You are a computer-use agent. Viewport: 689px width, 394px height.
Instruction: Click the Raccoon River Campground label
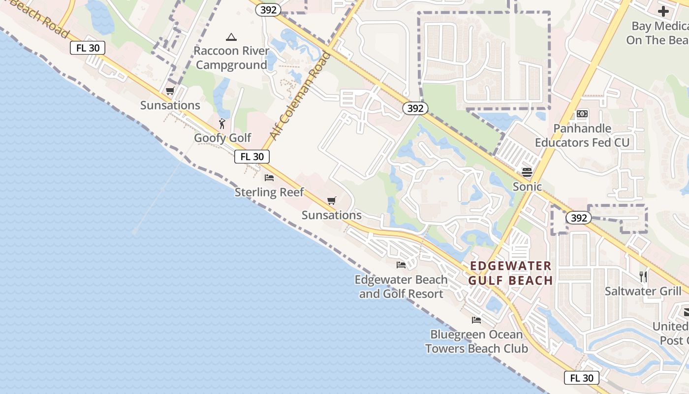click(x=231, y=58)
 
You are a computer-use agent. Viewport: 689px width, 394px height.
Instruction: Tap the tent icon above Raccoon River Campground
click(x=231, y=37)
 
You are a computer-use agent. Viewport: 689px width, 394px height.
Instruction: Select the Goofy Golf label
click(x=222, y=138)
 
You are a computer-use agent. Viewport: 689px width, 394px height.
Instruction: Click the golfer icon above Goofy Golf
click(x=222, y=123)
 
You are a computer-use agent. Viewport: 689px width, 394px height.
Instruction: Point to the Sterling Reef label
click(x=269, y=192)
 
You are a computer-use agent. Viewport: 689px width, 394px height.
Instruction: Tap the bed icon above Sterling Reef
click(x=269, y=177)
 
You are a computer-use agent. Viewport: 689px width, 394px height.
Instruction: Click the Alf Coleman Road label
click(x=300, y=96)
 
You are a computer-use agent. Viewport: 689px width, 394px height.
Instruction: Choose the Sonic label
click(x=527, y=187)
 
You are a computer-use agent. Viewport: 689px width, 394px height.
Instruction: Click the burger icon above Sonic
click(x=527, y=172)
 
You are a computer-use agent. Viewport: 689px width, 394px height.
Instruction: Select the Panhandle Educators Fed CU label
click(x=582, y=135)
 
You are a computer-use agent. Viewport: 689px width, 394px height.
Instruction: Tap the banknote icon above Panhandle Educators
click(x=582, y=114)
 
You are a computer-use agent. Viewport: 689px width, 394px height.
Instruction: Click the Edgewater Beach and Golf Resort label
click(x=401, y=287)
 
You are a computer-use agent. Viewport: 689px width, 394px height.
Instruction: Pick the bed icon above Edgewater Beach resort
click(x=401, y=265)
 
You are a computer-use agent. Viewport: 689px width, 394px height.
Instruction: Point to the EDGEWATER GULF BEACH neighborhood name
click(x=510, y=273)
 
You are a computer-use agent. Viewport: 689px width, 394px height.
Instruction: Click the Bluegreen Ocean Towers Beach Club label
click(x=476, y=342)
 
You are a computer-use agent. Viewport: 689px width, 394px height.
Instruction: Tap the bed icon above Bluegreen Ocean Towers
click(x=476, y=320)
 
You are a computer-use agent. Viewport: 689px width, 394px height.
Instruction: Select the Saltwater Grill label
click(x=643, y=291)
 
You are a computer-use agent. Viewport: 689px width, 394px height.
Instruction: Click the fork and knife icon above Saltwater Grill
click(x=643, y=276)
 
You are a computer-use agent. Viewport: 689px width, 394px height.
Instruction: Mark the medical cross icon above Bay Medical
click(x=663, y=11)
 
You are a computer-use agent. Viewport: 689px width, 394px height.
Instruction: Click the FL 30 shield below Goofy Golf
click(x=252, y=157)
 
